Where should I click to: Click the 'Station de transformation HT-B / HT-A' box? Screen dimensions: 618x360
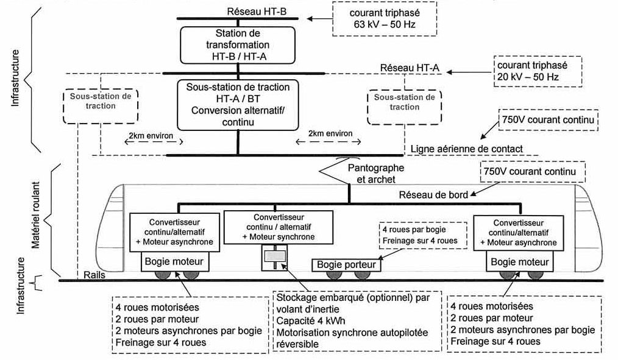point(238,45)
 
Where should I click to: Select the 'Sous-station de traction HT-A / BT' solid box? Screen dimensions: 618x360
point(238,105)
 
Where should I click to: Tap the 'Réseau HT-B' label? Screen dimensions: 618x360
point(257,12)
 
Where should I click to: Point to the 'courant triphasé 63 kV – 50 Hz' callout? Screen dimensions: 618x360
point(385,18)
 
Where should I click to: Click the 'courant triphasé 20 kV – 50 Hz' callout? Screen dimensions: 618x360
point(538,71)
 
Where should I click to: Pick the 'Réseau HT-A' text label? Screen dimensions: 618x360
point(410,68)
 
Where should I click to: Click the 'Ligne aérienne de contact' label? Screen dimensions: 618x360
point(467,149)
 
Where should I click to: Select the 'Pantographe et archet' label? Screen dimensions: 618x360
point(376,174)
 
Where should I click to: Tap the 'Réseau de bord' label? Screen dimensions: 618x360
point(433,194)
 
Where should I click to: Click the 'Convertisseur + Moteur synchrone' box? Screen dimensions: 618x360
point(279,227)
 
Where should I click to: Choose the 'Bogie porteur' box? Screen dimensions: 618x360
point(346,265)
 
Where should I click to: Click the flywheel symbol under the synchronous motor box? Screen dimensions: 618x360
point(274,257)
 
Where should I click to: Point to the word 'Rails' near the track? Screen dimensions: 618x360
point(94,275)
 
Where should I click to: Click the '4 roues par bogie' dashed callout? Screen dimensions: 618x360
point(423,236)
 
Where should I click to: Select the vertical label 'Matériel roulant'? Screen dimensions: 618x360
point(36,214)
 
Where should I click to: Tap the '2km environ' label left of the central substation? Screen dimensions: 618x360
point(151,136)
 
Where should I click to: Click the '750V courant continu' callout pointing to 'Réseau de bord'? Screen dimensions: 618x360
point(533,172)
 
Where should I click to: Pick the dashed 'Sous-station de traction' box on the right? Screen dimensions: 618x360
point(404,107)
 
